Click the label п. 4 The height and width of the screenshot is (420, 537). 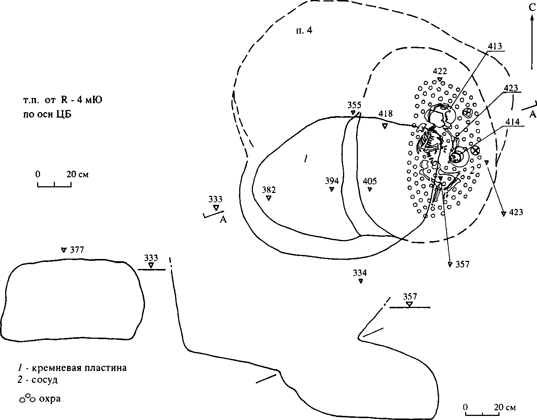pyautogui.click(x=304, y=30)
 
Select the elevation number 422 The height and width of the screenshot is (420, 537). pyautogui.click(x=440, y=71)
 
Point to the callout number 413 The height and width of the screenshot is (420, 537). pyautogui.click(x=495, y=46)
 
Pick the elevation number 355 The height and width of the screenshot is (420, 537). pyautogui.click(x=355, y=105)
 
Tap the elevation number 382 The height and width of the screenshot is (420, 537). pyautogui.click(x=269, y=190)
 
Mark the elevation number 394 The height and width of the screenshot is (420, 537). pyautogui.click(x=332, y=181)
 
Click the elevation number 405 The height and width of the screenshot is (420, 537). pyautogui.click(x=370, y=181)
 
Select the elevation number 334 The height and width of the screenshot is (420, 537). pyautogui.click(x=360, y=273)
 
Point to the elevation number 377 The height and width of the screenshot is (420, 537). pyautogui.click(x=77, y=250)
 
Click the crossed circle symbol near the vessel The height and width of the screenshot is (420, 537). pyautogui.click(x=475, y=150)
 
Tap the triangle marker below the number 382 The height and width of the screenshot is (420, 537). pyautogui.click(x=268, y=198)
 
